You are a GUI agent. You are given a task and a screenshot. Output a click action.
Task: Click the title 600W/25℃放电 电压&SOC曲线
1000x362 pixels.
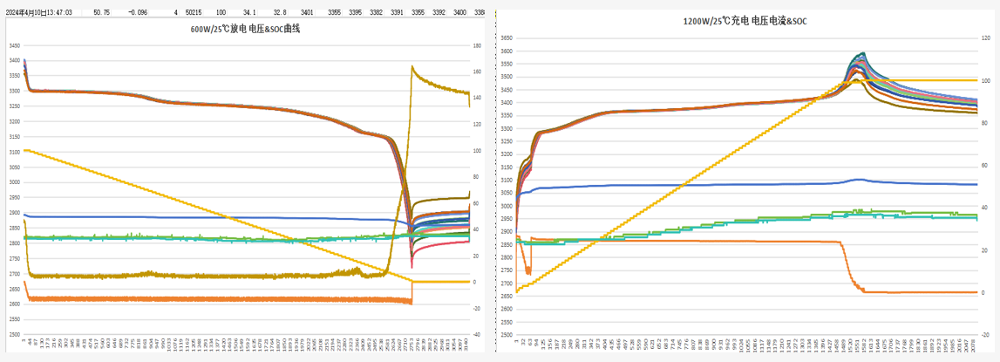pyautogui.click(x=237, y=29)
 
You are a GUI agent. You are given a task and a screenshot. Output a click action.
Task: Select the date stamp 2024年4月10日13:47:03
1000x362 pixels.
pyautogui.click(x=38, y=13)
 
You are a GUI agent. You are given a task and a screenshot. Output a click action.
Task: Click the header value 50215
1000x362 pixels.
pyautogui.click(x=194, y=13)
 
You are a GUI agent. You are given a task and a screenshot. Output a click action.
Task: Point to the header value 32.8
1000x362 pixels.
pyautogui.click(x=279, y=13)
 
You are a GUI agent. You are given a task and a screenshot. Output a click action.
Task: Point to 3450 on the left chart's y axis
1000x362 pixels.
pyautogui.click(x=13, y=45)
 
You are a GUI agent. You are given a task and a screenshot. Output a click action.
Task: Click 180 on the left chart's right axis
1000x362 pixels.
pyautogui.click(x=477, y=45)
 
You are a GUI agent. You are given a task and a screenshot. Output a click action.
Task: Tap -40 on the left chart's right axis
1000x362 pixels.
pyautogui.click(x=477, y=334)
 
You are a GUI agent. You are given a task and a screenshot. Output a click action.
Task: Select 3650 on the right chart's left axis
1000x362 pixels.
pyautogui.click(x=507, y=38)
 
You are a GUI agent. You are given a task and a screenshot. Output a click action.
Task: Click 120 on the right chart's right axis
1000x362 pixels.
pyautogui.click(x=985, y=38)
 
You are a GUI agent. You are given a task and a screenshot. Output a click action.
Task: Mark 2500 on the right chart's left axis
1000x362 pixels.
pyautogui.click(x=507, y=335)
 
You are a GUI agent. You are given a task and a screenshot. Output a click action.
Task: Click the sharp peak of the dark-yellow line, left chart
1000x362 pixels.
pyautogui.click(x=412, y=67)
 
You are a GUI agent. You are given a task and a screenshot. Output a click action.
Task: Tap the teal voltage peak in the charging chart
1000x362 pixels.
pyautogui.click(x=863, y=53)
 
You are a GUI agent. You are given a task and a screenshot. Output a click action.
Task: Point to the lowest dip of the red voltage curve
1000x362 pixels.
pyautogui.click(x=412, y=267)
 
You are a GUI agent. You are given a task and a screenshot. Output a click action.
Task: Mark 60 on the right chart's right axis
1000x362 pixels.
pyautogui.click(x=984, y=166)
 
